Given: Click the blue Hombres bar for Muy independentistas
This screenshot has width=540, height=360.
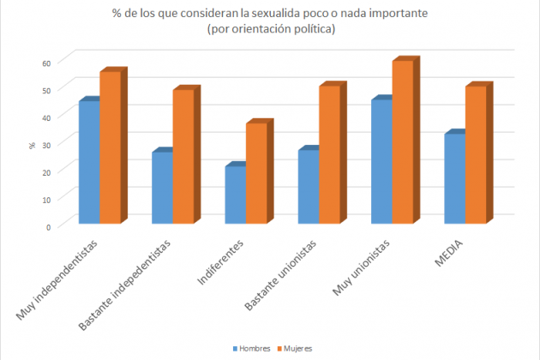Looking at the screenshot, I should click(88, 163).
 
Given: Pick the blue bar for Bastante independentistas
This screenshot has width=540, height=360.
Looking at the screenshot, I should click(161, 188).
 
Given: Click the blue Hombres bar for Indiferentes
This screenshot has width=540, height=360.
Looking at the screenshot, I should click(234, 195).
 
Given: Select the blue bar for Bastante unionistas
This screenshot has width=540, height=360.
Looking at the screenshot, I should click(307, 187).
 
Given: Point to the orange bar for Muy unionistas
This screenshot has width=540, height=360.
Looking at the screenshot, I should click(401, 142).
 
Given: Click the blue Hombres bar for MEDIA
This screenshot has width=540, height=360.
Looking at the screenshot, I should click(453, 179).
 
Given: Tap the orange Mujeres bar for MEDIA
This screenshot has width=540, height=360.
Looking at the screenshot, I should click(474, 155).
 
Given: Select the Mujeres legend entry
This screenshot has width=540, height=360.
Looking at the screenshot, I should click(295, 349).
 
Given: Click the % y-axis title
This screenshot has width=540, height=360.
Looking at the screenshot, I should click(32, 144).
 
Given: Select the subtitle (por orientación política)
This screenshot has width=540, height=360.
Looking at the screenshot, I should click(270, 30).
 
